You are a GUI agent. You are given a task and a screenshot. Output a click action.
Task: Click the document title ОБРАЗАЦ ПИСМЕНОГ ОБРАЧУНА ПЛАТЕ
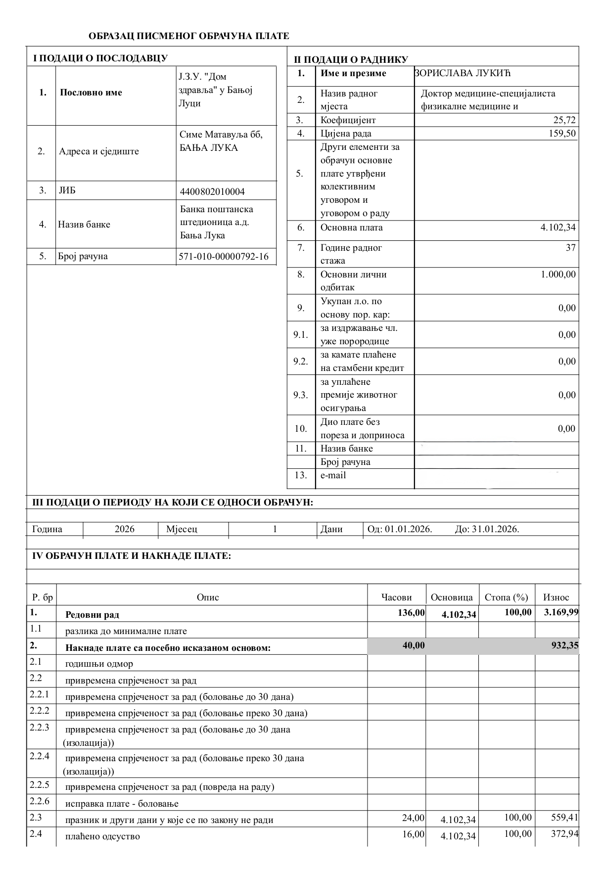click(x=188, y=36)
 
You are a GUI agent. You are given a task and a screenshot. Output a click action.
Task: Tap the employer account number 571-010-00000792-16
click(x=223, y=256)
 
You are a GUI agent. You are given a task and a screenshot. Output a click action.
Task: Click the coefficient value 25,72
click(x=564, y=120)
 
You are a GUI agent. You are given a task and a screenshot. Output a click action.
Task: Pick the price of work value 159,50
click(x=562, y=134)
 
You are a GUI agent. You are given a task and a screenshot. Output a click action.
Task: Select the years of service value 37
click(x=570, y=248)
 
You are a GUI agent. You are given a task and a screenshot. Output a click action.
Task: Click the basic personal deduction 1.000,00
click(x=558, y=274)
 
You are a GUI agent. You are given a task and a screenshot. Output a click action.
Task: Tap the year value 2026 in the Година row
click(x=125, y=529)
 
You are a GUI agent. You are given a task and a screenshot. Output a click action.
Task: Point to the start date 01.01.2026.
click(x=409, y=529)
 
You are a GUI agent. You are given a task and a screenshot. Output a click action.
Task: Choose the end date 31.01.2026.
click(x=495, y=529)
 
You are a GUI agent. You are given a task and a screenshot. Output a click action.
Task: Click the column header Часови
click(x=397, y=597)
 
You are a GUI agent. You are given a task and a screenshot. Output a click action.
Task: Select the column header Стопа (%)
click(x=507, y=597)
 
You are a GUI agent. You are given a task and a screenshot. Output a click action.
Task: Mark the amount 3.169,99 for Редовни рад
click(x=561, y=613)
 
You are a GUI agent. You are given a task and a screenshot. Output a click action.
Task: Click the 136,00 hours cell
click(x=411, y=613)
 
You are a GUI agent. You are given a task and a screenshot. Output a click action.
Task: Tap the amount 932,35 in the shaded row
click(x=565, y=645)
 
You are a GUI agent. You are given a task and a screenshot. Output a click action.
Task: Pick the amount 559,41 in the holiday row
click(x=565, y=818)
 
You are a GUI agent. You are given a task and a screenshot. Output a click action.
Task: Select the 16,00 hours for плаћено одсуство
click(x=414, y=834)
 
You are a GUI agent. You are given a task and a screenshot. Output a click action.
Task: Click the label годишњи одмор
click(x=99, y=664)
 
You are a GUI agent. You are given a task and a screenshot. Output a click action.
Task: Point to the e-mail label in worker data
click(x=333, y=475)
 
